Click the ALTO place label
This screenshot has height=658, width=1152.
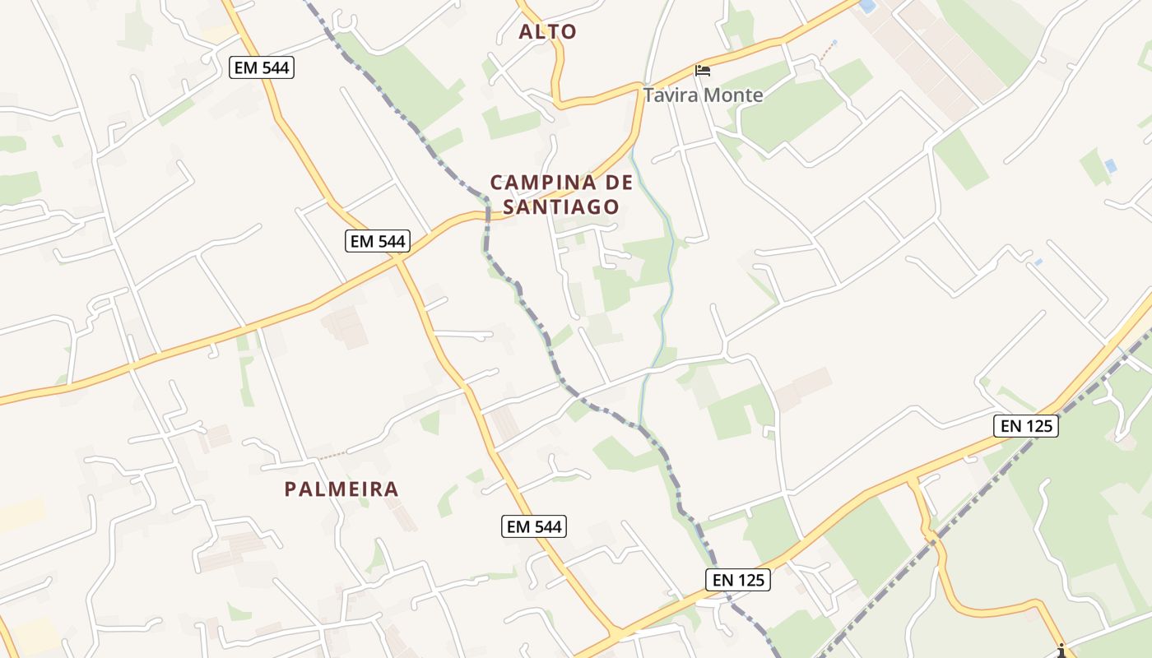tap(547, 32)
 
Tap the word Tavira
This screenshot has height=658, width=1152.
tap(671, 95)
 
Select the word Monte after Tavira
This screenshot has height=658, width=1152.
tap(734, 95)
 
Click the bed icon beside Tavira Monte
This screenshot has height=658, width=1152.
tap(703, 70)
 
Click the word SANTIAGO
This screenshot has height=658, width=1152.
tap(560, 207)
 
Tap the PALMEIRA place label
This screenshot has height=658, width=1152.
tap(341, 489)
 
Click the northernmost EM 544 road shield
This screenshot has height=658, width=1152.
tap(262, 68)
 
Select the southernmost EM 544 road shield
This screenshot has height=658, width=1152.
tap(535, 527)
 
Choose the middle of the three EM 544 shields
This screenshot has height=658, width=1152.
tap(378, 241)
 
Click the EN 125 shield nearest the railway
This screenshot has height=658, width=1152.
tap(1025, 426)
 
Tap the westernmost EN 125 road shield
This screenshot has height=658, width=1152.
tap(737, 580)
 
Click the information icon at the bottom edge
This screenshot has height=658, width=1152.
tap(1061, 650)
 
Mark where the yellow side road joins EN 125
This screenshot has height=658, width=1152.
tap(911, 479)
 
